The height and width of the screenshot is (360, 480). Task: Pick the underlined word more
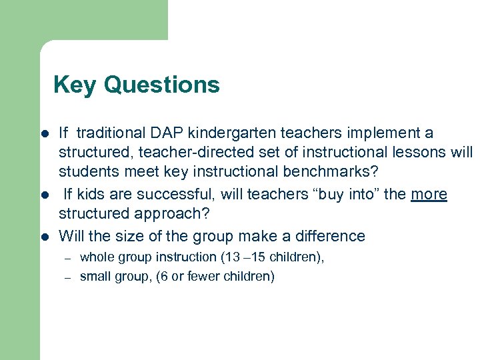coord(429,194)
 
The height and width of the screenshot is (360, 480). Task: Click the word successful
coord(170,194)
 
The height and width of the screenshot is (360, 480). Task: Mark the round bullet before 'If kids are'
coord(45,195)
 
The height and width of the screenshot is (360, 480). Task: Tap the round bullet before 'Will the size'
coord(45,236)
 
